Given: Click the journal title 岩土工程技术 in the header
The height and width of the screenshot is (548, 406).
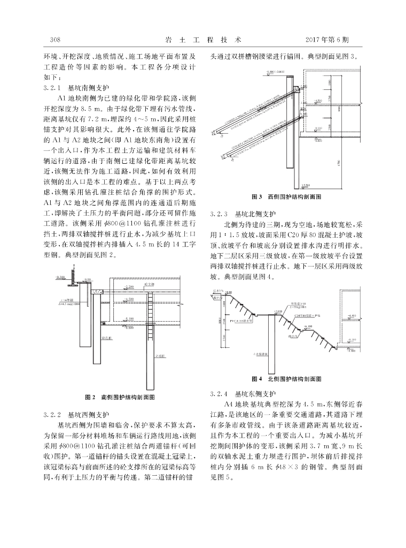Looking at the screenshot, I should (204, 40).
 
